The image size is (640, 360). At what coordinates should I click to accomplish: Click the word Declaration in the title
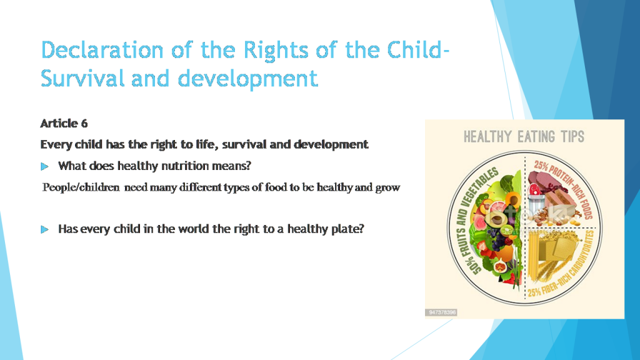(99, 49)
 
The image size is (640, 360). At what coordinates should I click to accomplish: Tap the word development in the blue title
(247, 79)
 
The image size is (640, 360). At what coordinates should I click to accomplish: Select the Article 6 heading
(64, 123)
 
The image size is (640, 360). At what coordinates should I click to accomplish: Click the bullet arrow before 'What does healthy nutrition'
(44, 166)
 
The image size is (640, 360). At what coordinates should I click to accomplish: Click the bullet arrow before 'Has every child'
(44, 229)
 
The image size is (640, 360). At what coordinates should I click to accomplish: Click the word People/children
(81, 187)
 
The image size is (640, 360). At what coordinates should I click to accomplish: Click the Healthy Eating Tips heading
(524, 136)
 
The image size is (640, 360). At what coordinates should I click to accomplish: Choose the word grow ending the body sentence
(387, 187)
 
